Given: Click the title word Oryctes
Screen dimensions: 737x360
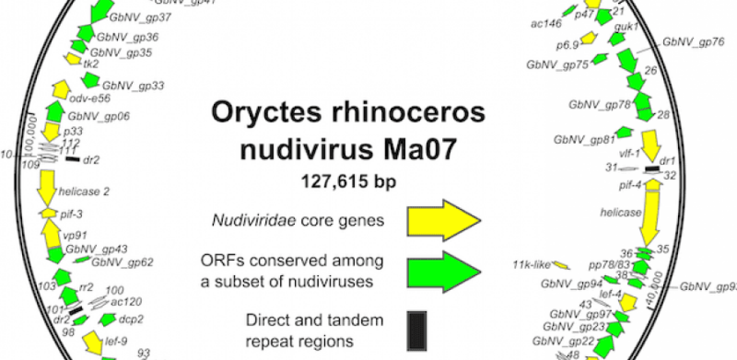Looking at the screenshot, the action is pos(266,112).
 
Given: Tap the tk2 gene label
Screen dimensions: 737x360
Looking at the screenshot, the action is pos(90,64).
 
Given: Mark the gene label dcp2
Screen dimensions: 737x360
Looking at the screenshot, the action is pos(129,319).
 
